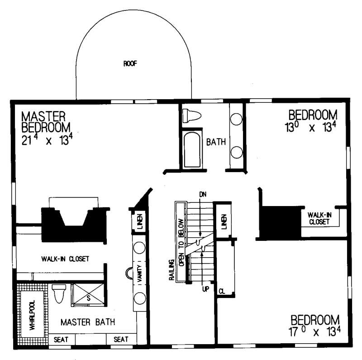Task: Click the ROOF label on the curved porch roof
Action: pyautogui.click(x=129, y=64)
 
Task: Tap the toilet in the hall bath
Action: pyautogui.click(x=191, y=116)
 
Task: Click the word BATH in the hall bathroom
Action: pyautogui.click(x=216, y=142)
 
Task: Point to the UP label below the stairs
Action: pyautogui.click(x=205, y=288)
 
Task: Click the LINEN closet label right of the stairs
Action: pyautogui.click(x=224, y=221)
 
